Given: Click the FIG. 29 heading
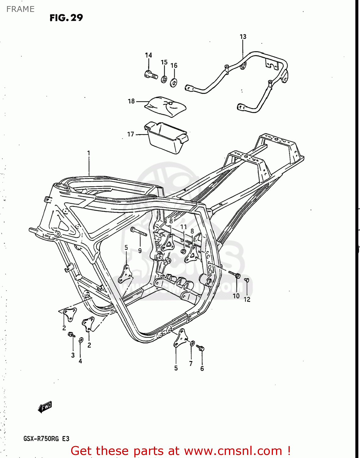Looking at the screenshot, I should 66,18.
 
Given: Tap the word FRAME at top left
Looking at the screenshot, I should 20,9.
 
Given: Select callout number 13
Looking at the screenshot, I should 243,37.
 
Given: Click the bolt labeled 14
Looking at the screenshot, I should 151,74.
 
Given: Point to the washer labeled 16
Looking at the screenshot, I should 174,82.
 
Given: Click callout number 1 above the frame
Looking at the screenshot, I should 89,153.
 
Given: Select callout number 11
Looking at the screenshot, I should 183,227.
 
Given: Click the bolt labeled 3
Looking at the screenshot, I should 72,335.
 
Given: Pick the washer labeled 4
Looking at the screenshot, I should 81,340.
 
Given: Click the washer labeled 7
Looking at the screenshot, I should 192,343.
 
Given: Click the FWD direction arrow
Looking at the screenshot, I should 45,407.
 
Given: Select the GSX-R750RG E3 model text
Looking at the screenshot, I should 46,439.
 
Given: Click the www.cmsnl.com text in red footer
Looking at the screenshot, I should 233,451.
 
